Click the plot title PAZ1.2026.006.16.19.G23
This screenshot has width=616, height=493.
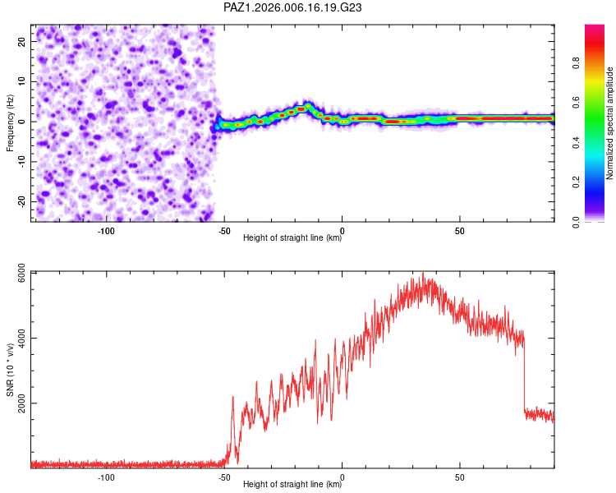click(293, 7)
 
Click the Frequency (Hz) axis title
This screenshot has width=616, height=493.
click(10, 122)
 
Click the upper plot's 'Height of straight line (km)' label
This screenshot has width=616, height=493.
click(292, 238)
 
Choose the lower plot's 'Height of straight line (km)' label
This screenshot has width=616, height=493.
click(292, 485)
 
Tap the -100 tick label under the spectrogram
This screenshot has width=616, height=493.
click(106, 231)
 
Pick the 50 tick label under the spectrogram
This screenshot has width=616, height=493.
click(460, 231)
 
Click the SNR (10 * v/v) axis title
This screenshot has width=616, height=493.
click(10, 370)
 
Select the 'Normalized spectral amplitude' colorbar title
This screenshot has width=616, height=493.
click(609, 123)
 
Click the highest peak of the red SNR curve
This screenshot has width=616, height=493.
click(423, 274)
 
